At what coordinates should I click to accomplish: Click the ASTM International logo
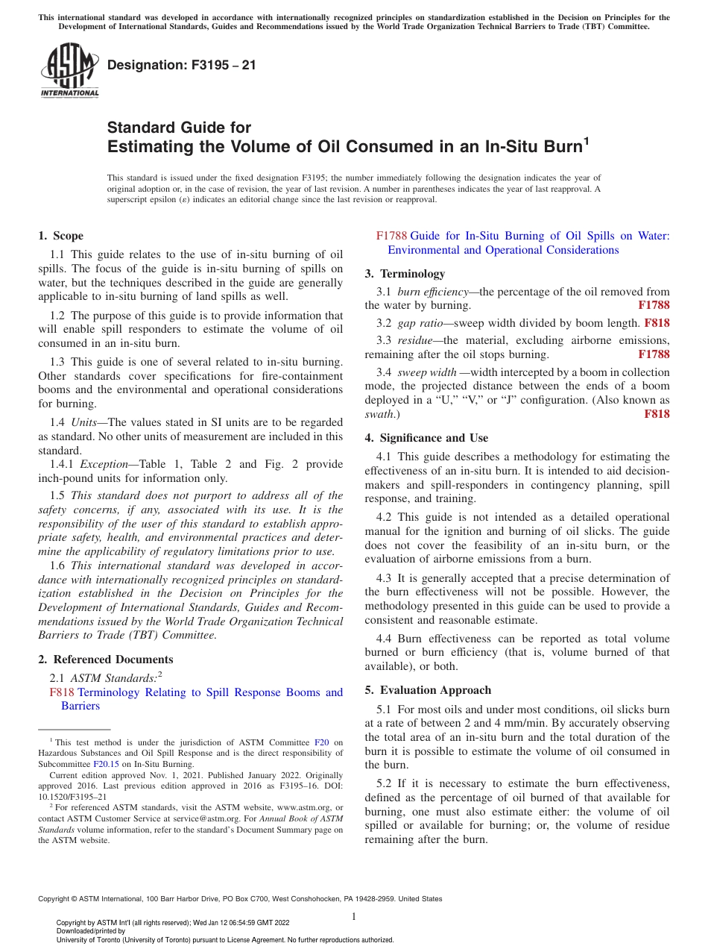pyautogui.click(x=69, y=72)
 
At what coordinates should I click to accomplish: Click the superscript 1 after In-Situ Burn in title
pyautogui.click(x=586, y=140)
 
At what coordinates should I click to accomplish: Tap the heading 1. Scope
pyautogui.click(x=60, y=236)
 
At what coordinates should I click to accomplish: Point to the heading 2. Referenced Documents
pyautogui.click(x=105, y=660)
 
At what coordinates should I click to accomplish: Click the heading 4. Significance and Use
pyautogui.click(x=426, y=438)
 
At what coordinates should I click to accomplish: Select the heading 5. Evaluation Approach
pyautogui.click(x=428, y=690)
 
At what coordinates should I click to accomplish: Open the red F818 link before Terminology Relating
pyautogui.click(x=62, y=692)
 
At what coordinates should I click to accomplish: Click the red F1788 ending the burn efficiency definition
pyautogui.click(x=654, y=305)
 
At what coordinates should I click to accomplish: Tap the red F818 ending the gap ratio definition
pyautogui.click(x=657, y=323)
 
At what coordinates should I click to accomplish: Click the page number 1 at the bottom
pyautogui.click(x=354, y=917)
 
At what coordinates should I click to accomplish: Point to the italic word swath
pyautogui.click(x=380, y=414)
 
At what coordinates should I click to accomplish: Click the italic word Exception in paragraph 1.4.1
pyautogui.click(x=104, y=464)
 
